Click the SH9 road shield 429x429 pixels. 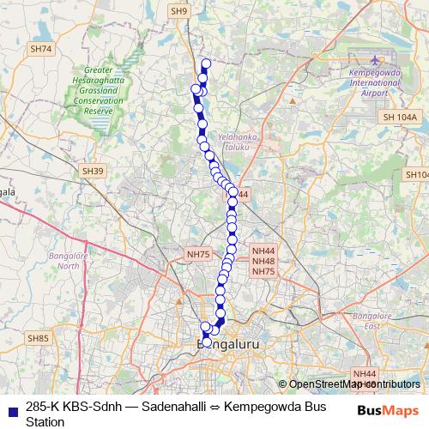178,11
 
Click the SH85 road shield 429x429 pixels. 38,339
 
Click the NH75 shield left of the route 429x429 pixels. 198,254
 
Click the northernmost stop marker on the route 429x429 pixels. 205,63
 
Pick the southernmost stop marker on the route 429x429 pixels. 207,342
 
